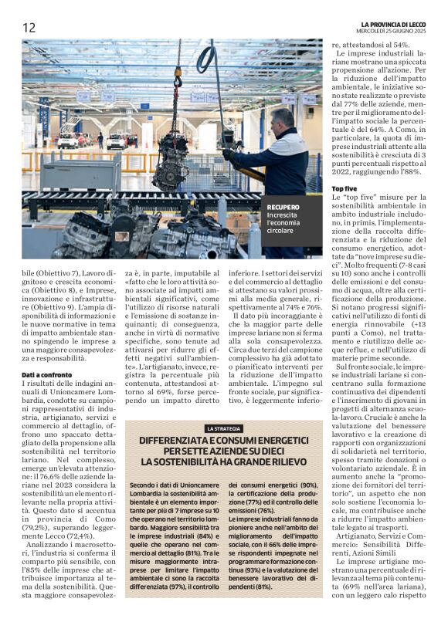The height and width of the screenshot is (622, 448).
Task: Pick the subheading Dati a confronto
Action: click(x=49, y=374)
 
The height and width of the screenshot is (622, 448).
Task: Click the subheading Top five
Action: click(x=344, y=188)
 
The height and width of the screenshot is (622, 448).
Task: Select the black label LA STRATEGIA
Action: click(x=224, y=428)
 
